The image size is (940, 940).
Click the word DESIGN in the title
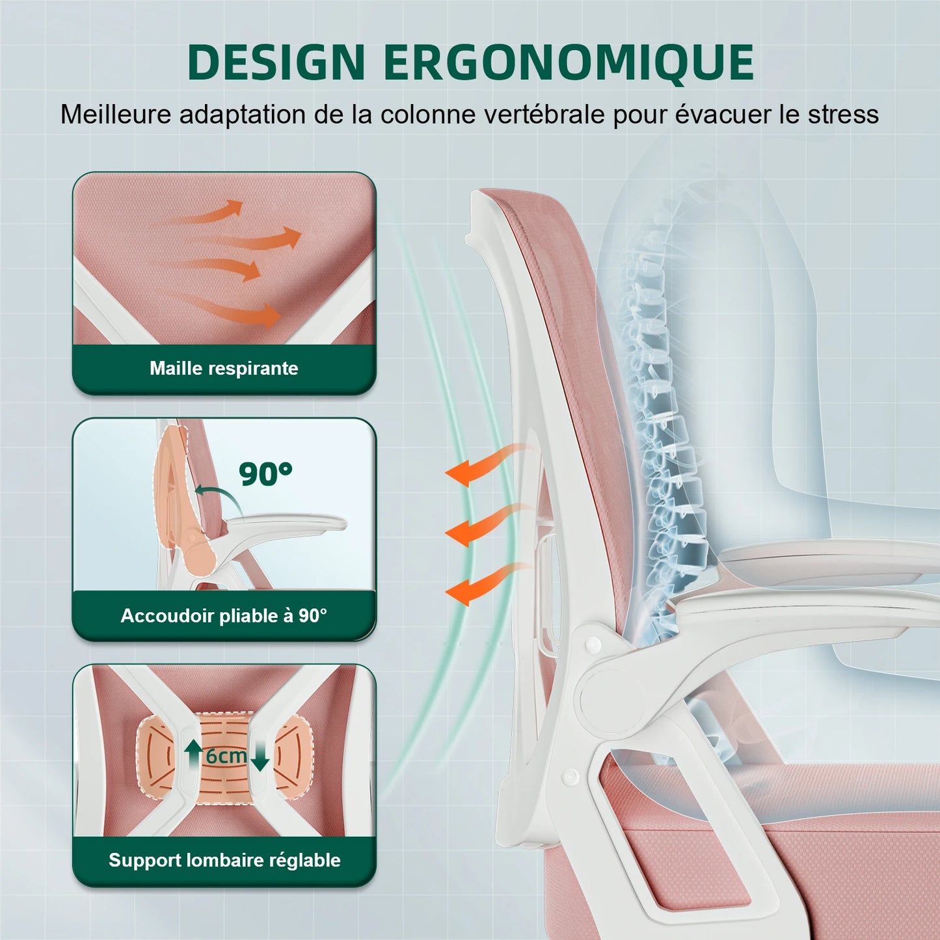(276, 62)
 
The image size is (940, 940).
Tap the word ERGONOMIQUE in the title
(569, 62)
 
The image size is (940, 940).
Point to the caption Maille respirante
(224, 368)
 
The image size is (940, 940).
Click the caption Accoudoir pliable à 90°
(224, 615)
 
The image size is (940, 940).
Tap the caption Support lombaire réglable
(224, 860)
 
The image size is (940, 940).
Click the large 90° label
(265, 474)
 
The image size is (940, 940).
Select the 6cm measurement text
(226, 756)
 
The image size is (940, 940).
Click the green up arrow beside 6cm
(193, 755)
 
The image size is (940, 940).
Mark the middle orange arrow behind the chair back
(481, 526)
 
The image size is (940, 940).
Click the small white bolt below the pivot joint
(570, 775)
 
